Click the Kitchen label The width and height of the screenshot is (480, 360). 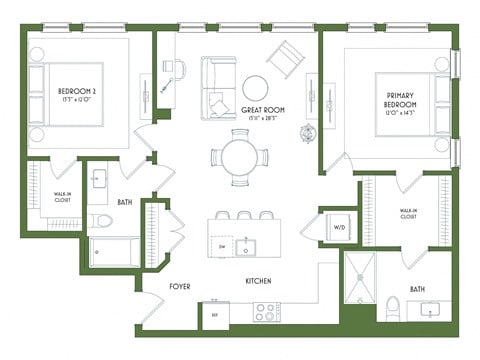(x=259, y=283)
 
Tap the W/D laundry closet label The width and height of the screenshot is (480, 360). (x=337, y=227)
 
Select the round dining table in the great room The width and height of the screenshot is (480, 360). (x=240, y=157)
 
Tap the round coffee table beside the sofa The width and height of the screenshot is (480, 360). (x=255, y=87)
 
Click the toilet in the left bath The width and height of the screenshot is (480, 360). (x=100, y=222)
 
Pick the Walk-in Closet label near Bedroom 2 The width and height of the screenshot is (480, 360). (x=42, y=197)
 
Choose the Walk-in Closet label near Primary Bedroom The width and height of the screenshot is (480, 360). (x=407, y=213)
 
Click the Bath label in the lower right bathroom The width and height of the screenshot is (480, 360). (x=416, y=289)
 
